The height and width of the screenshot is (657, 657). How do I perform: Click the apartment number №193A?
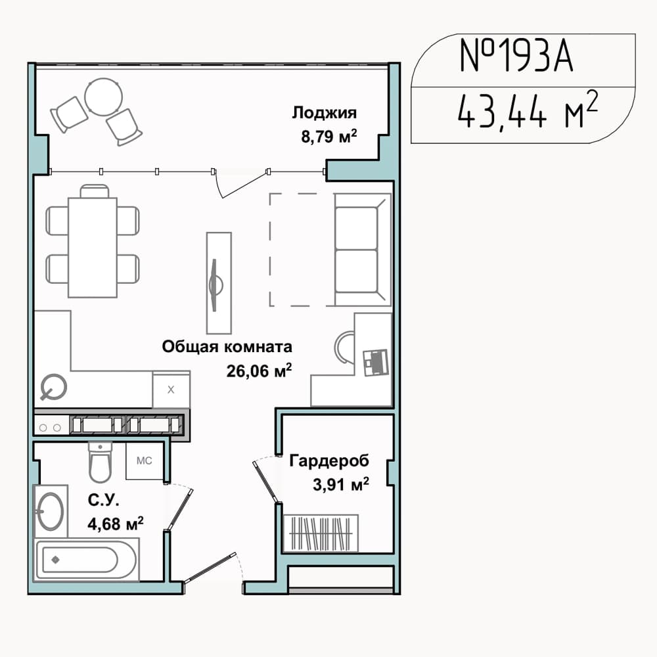point(516,56)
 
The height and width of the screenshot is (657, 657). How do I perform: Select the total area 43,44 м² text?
point(527,110)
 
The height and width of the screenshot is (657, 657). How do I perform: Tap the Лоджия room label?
point(325,113)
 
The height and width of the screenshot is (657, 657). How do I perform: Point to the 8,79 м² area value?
point(329,137)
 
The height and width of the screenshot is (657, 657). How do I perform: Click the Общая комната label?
point(227,347)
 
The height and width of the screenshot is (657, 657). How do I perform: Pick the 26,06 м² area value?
point(259,371)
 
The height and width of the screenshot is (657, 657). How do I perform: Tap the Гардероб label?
point(329,461)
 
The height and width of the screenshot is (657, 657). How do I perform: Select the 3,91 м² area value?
point(340,485)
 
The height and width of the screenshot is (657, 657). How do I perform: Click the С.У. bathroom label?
point(104,500)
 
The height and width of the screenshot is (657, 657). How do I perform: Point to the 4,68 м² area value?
point(115,524)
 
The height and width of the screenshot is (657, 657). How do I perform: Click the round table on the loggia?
point(104,97)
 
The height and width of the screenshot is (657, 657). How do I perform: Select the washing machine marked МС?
point(144,461)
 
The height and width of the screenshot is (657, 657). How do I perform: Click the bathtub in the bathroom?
point(86,560)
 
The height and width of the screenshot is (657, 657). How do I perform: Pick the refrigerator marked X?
point(171,390)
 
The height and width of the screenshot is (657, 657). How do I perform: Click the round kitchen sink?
point(54,387)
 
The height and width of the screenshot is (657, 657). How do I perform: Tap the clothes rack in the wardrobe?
point(321,533)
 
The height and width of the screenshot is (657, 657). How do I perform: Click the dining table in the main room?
point(93,247)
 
